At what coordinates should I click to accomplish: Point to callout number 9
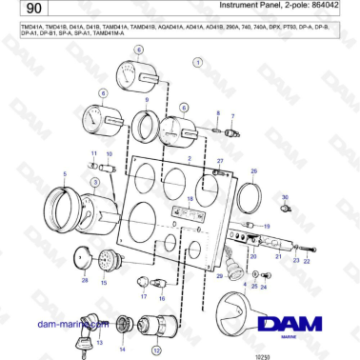click(x=146, y=100)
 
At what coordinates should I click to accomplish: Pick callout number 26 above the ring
click(x=253, y=170)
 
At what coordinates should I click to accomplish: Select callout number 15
click(x=104, y=283)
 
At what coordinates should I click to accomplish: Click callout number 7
click(x=231, y=115)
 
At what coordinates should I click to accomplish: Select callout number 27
click(x=220, y=162)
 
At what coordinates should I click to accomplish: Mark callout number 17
click(x=144, y=296)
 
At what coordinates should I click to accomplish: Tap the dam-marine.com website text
click(x=68, y=325)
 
